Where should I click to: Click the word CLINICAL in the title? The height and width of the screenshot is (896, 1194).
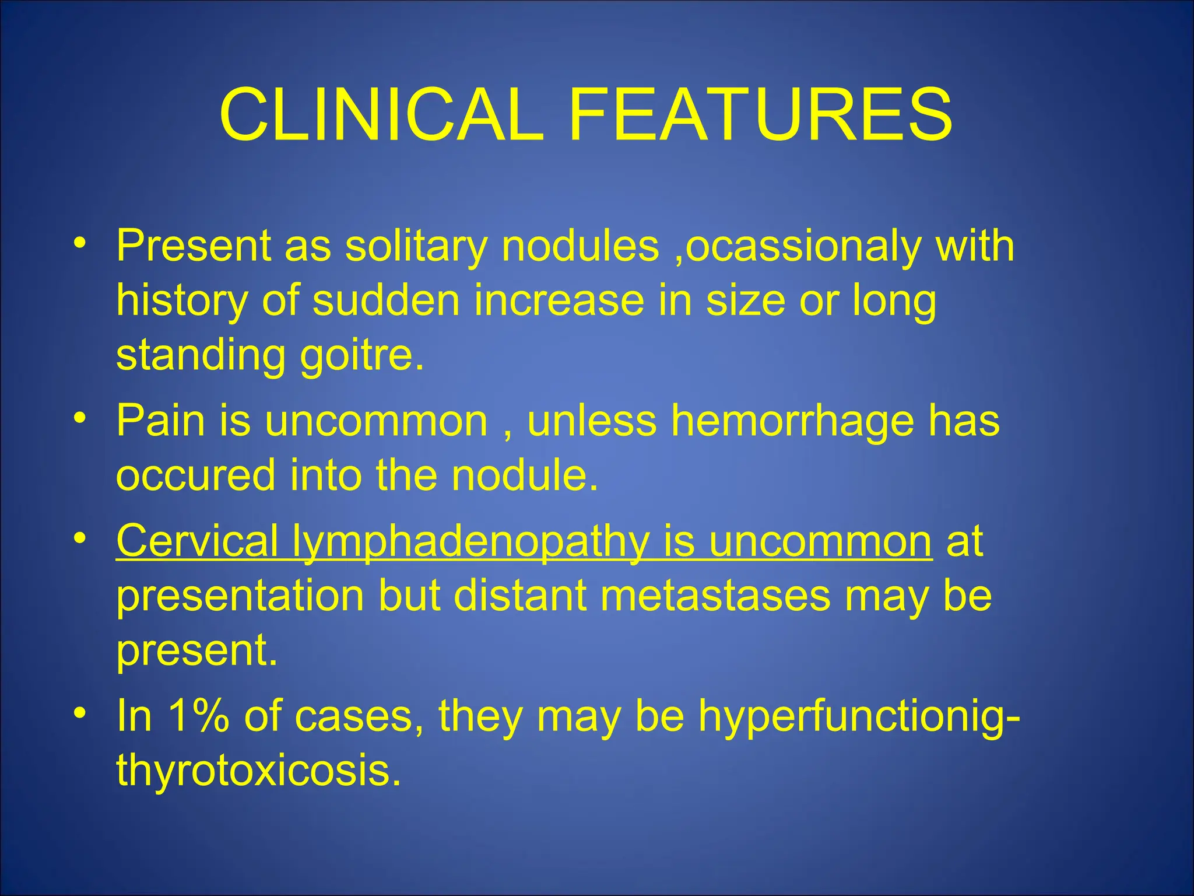(x=382, y=115)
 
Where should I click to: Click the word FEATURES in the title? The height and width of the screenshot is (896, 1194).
(x=760, y=115)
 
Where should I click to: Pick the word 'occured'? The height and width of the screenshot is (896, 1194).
(x=196, y=475)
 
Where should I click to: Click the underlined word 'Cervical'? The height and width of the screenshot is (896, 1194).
(x=197, y=541)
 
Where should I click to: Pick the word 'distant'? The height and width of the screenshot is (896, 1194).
(x=520, y=596)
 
